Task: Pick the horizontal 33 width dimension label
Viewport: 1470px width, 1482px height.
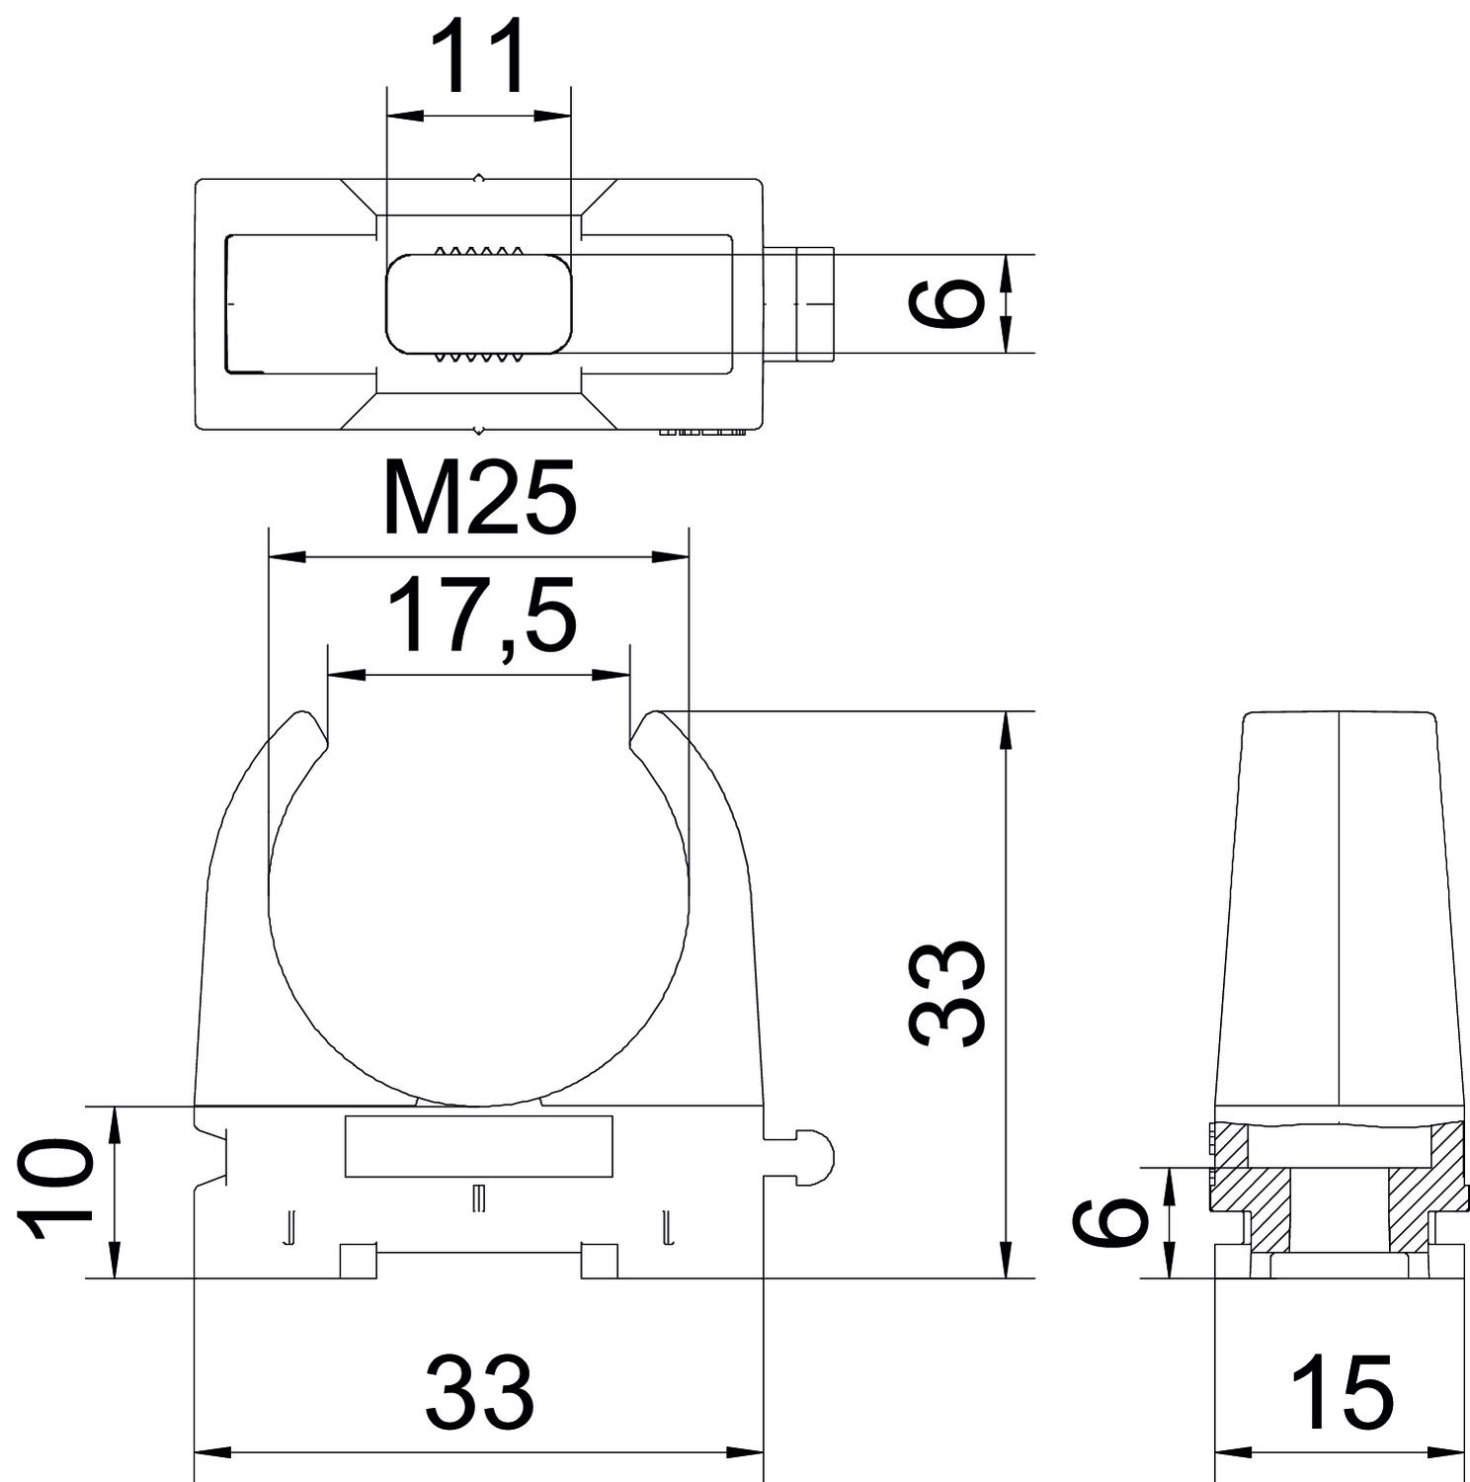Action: (479, 1391)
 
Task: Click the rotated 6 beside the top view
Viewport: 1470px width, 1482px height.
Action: (946, 301)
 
